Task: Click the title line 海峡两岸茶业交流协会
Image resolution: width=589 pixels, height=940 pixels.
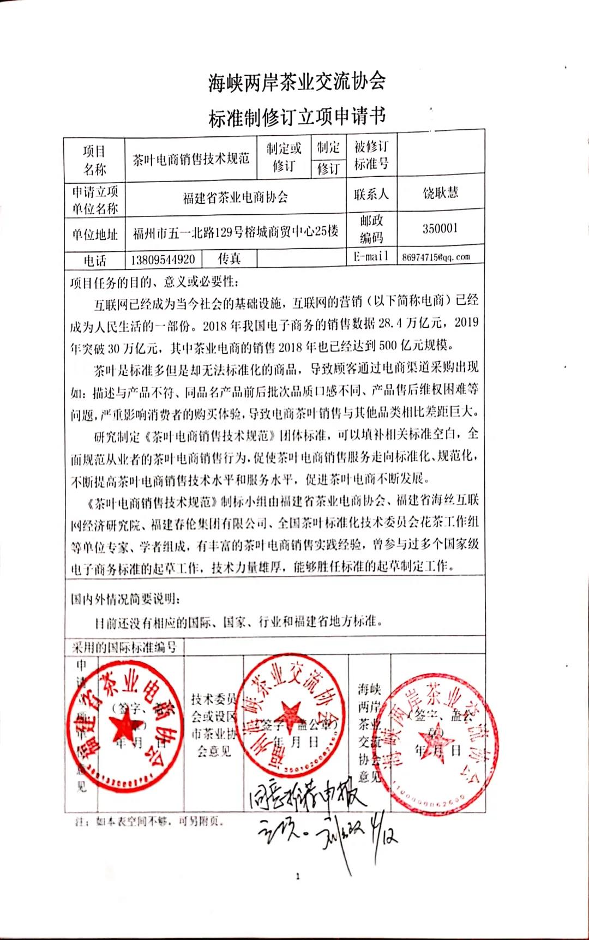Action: pos(297,82)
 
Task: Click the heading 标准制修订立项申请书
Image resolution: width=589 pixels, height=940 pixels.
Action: pos(297,117)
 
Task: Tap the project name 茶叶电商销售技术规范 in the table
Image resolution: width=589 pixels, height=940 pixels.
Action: pos(191,159)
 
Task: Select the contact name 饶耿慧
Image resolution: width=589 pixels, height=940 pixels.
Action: pos(440,192)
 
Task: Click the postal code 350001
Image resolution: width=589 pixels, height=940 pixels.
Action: pos(440,228)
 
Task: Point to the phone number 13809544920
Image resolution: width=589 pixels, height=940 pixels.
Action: pos(163,260)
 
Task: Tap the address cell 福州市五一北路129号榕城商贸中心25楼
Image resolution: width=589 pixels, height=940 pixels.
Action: pos(236,232)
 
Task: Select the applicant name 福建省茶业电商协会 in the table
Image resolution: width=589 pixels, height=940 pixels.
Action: pos(236,197)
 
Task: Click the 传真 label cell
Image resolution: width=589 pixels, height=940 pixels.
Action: pos(229,258)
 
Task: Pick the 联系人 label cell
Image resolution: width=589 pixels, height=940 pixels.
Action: pos(371,194)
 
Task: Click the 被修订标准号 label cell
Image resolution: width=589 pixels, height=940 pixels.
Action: pos(371,155)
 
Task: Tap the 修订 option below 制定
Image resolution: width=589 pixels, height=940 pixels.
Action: pos(328,169)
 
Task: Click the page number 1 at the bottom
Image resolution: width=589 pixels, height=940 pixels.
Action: pos(298,877)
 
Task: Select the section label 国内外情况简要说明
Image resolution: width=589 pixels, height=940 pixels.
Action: pos(125,599)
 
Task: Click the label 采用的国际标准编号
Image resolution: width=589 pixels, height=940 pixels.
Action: pos(124,647)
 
